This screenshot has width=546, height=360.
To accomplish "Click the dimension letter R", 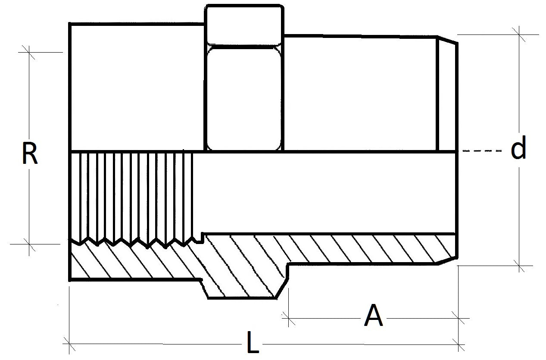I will (x=29, y=154).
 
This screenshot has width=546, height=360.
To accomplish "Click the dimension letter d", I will (x=518, y=149).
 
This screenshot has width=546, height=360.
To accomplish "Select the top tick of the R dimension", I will (x=29, y=52).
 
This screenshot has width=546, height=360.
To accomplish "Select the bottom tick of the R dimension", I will (x=29, y=244).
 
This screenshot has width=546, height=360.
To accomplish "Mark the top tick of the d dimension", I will (x=519, y=34).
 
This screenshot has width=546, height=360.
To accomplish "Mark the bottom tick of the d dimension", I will (x=519, y=266).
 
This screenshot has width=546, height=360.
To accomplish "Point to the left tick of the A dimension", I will (x=288, y=319).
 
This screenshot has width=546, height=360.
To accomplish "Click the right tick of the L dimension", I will (x=458, y=344).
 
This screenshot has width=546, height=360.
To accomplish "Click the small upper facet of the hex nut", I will (x=244, y=25).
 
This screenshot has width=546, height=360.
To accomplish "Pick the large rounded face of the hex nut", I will (x=244, y=98).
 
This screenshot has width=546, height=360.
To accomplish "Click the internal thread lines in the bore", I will (x=131, y=194).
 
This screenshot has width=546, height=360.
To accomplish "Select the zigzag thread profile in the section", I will (x=134, y=241).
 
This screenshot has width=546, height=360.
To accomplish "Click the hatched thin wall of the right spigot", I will (x=366, y=249).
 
